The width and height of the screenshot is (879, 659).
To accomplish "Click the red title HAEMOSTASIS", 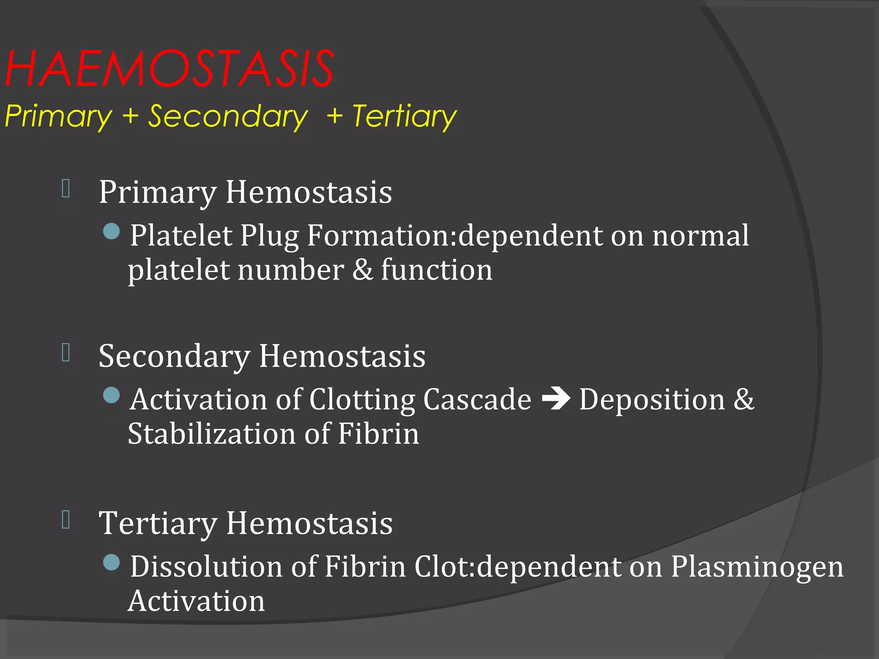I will [170, 69].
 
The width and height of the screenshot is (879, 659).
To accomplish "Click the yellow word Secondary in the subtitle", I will [228, 116].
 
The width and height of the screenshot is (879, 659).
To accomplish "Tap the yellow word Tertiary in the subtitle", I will [404, 116].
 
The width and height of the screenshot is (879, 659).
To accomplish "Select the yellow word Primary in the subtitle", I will [58, 116].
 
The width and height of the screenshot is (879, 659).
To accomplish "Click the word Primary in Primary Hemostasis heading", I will [158, 192].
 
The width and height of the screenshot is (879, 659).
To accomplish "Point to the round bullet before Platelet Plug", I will [112, 231].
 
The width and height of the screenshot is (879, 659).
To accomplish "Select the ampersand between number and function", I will [363, 270].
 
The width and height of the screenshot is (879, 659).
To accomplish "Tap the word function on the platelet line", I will [436, 270].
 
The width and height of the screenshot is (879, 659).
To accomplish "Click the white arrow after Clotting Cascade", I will [556, 399].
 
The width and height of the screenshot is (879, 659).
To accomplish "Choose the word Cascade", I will [477, 399].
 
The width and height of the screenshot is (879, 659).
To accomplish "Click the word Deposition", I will [652, 399].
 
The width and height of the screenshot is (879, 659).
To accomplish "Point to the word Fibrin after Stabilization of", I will [378, 434].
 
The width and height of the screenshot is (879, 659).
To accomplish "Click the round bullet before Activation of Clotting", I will [112, 395].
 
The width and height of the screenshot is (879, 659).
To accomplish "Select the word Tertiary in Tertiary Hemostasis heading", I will [158, 523].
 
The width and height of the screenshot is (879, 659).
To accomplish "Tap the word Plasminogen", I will [757, 566].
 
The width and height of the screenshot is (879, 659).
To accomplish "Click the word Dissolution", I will [206, 566].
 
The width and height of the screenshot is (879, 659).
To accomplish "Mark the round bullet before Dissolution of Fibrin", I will [112, 562].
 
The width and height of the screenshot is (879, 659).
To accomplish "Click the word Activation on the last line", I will [196, 601].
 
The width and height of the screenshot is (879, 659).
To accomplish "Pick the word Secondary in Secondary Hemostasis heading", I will [174, 356].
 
